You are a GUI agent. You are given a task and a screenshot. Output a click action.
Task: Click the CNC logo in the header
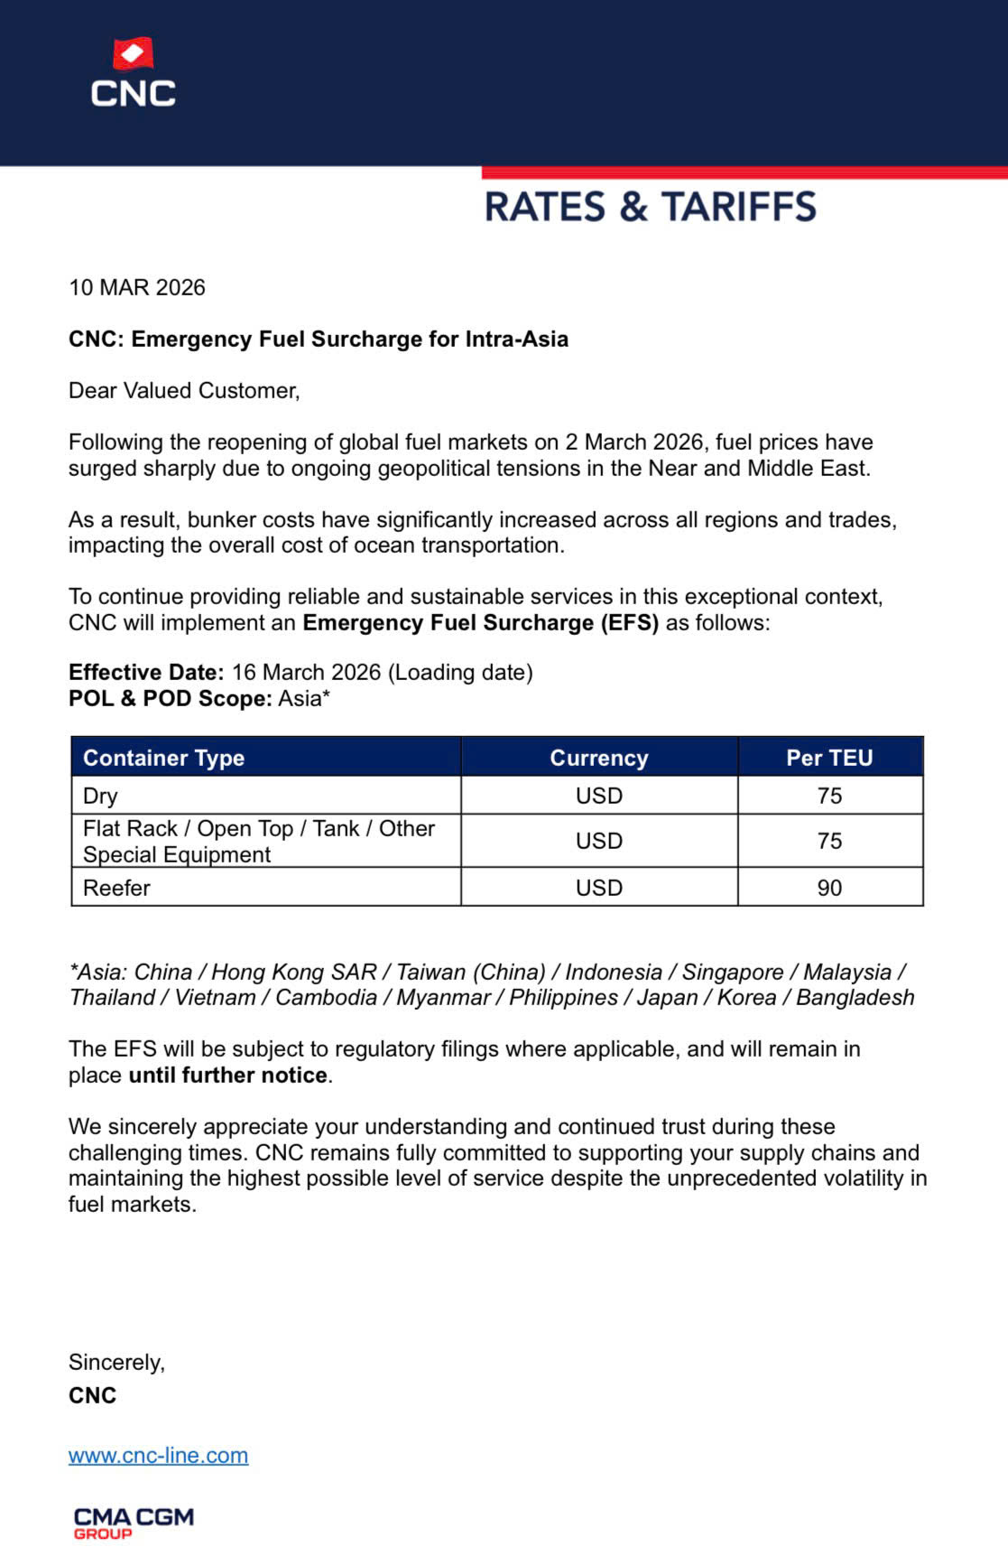pos(133,73)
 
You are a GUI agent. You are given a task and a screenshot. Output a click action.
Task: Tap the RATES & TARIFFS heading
pos(650,207)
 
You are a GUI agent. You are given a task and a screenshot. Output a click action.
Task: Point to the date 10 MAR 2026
pos(137,287)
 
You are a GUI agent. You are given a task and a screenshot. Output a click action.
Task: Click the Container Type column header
pos(163,758)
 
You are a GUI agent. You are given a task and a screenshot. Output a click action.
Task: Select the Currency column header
pos(598,758)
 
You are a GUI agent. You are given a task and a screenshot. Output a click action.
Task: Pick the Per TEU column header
pos(829,758)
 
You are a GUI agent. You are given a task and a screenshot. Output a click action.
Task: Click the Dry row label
pos(100,796)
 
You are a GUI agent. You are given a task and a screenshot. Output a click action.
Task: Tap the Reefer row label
pos(116,888)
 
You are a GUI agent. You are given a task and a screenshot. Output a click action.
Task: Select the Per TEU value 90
pos(829,888)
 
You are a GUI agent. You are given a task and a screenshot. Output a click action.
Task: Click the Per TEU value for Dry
pos(829,796)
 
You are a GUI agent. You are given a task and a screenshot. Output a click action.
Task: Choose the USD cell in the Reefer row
pos(598,888)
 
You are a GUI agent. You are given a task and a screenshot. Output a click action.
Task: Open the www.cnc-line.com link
pos(158,1455)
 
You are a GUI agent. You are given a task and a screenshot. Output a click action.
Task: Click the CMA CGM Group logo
pos(134,1523)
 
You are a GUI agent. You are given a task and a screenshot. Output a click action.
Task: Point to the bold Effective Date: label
pos(146,672)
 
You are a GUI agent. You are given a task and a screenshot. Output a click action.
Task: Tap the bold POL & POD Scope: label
pos(170,698)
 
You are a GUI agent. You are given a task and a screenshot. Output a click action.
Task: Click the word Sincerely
pos(116,1362)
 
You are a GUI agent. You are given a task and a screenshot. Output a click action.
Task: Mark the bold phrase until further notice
pos(227,1075)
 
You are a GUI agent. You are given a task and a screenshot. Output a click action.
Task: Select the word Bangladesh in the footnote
pos(855,997)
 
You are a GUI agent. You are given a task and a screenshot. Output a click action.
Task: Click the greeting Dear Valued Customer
pos(183,390)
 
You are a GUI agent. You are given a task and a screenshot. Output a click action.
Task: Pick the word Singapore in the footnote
pos(732,972)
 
